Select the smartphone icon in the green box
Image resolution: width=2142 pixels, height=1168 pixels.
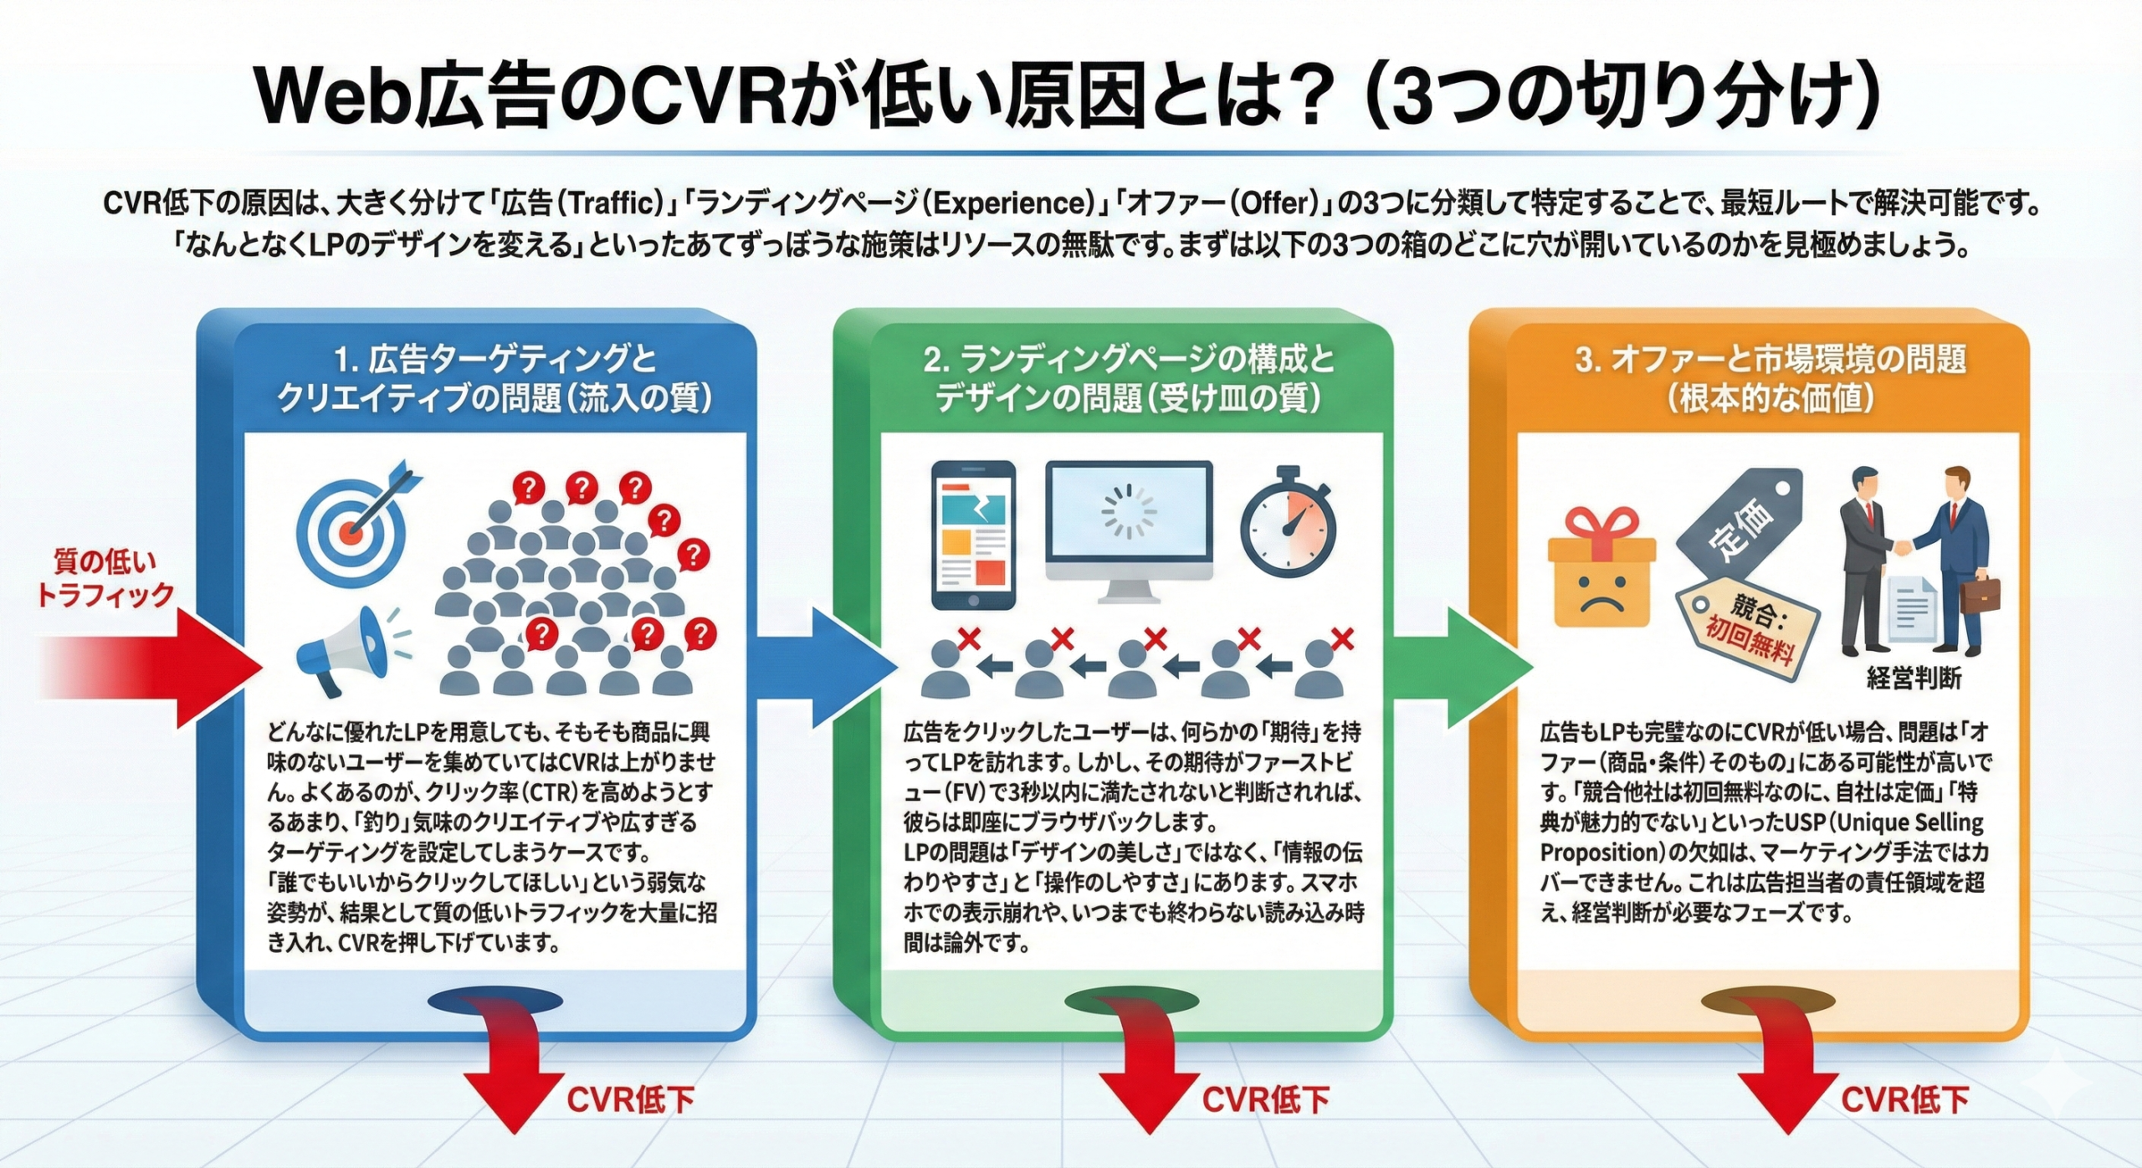pyautogui.click(x=973, y=535)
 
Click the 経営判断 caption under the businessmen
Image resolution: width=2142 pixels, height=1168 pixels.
pyautogui.click(x=1914, y=678)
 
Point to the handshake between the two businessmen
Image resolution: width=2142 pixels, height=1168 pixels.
pyautogui.click(x=1902, y=548)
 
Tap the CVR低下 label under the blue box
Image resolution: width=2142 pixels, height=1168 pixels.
pyautogui.click(x=630, y=1099)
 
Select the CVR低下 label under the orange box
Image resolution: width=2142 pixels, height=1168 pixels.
pyautogui.click(x=1904, y=1099)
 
